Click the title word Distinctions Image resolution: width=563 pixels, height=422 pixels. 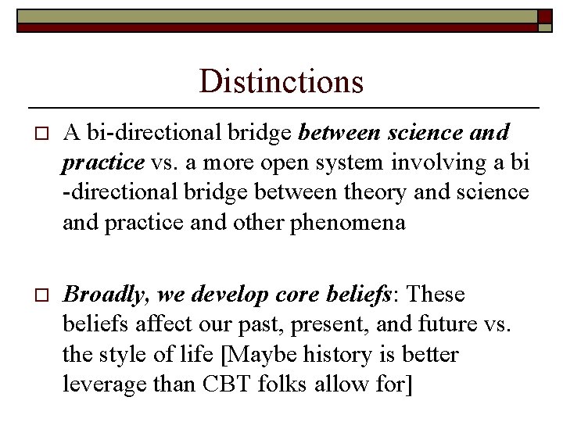tap(281, 80)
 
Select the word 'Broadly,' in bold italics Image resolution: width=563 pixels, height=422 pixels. tap(106, 295)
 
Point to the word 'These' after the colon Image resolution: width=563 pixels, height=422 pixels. tap(436, 295)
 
